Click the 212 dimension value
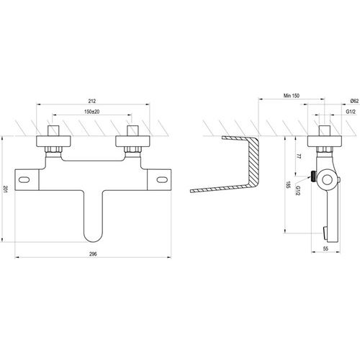pos(91,101)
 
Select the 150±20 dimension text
pos(91,112)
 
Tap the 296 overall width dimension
pos(93,254)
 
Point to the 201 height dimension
pos(5,189)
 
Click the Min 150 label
pos(292,96)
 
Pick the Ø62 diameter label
pos(354,101)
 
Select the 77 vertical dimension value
pos(299,156)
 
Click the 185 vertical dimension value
pos(288,184)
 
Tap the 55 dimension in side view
pos(325,248)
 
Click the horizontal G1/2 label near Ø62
pos(351,112)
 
